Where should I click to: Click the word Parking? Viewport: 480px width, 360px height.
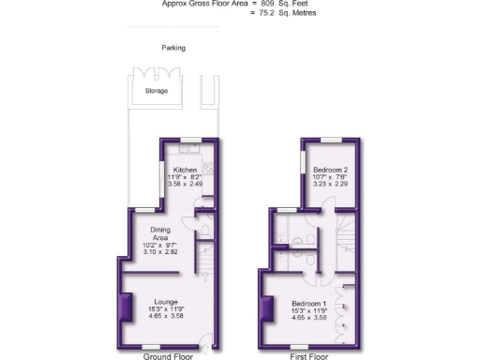coord(172,47)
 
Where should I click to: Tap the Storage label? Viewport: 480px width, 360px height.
coord(157,92)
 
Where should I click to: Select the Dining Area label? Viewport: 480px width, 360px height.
coord(153,232)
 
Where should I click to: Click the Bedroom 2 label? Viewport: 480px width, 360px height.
coord(330,170)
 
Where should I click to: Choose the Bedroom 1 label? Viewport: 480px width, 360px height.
coord(307,304)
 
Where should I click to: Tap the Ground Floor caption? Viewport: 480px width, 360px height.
coord(168,355)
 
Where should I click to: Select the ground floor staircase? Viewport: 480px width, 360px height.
coord(202,259)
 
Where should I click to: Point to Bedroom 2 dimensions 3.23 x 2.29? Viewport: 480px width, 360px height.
coord(330,185)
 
